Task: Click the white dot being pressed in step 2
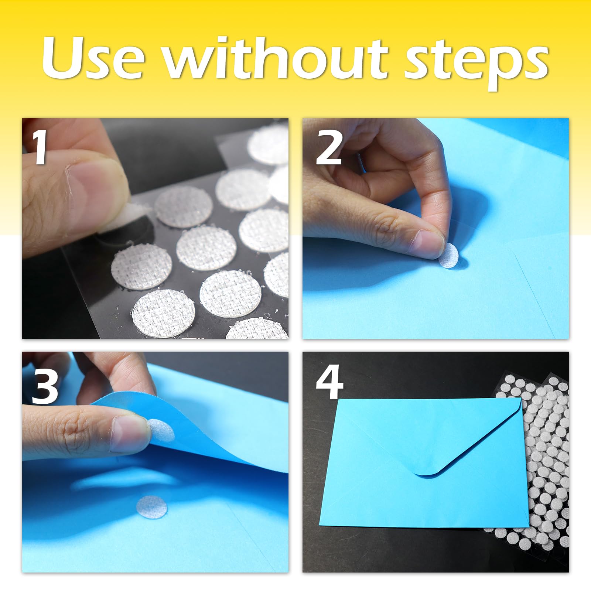448,256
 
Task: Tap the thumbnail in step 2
427,244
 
